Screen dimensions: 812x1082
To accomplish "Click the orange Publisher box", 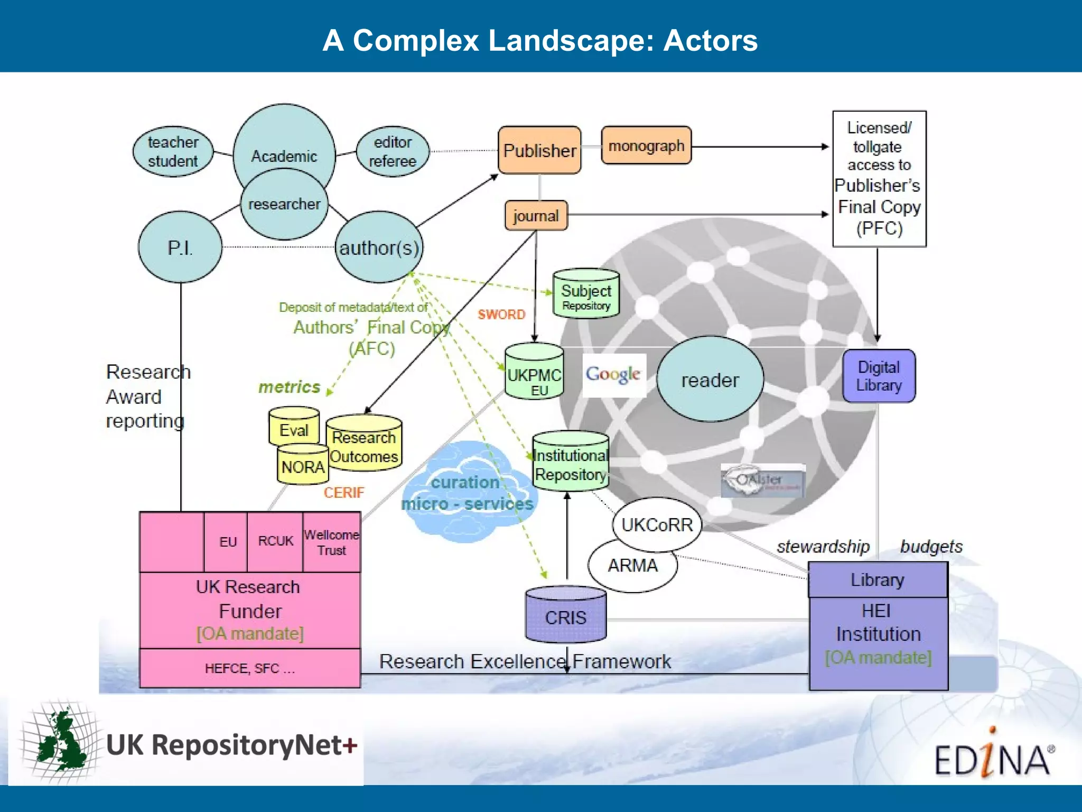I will [x=539, y=150].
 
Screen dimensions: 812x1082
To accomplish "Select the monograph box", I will [x=646, y=145].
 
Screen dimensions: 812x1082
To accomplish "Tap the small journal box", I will [x=536, y=216].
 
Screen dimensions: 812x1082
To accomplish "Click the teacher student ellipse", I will [x=173, y=151].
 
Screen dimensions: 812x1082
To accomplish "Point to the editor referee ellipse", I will [x=393, y=151].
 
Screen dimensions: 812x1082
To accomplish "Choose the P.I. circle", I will [x=180, y=247].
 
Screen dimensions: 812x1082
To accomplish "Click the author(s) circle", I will [x=379, y=247].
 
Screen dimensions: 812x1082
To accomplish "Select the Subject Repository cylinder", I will [x=586, y=294].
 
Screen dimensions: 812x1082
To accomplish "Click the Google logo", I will [x=613, y=374].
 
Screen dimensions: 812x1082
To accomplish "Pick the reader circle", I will [x=710, y=380].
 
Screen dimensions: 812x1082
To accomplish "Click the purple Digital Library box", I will [x=879, y=376].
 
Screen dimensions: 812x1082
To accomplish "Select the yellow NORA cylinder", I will [x=303, y=466].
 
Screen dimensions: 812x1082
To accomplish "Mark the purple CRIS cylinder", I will [x=566, y=616].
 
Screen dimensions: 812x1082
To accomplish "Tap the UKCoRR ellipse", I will [x=657, y=524].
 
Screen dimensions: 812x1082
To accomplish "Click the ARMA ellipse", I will [x=632, y=566].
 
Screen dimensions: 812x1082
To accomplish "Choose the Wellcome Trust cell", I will [x=332, y=542].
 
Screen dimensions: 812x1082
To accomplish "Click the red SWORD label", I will [x=501, y=315].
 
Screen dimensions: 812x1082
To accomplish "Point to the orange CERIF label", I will [x=344, y=493].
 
